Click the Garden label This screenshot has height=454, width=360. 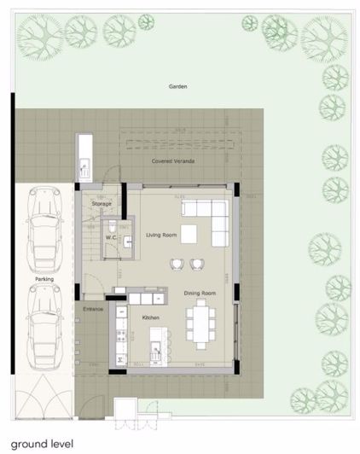coord(177,87)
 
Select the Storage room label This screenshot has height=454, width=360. coord(102,204)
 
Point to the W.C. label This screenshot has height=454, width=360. coord(110,237)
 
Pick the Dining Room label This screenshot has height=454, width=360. coord(200,294)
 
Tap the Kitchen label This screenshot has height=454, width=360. coord(150,317)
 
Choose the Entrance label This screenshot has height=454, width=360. coord(93,309)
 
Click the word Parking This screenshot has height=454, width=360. coord(44,279)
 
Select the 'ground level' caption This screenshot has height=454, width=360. coord(43,444)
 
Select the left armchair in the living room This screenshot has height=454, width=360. coord(177,264)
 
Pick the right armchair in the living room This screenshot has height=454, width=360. coord(198,264)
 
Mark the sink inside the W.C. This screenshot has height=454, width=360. coord(127,242)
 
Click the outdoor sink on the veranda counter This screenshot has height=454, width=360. coord(84,162)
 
